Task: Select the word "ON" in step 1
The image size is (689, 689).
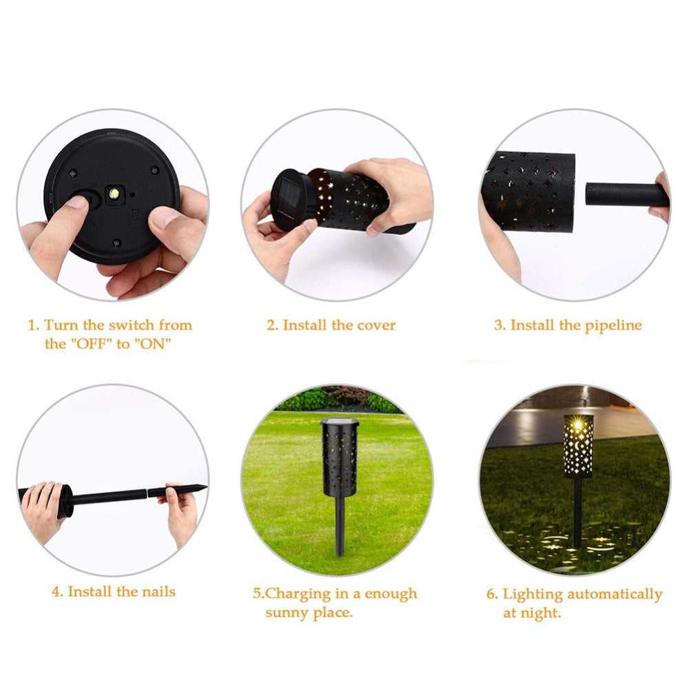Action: pos(152,343)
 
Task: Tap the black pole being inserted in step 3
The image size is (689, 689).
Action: pos(626,194)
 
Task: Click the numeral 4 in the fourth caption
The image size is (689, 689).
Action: pos(56,591)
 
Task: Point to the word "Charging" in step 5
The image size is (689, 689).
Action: pos(297,593)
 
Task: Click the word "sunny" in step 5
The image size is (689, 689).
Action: pos(289,612)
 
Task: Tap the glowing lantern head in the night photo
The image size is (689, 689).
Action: pos(578,446)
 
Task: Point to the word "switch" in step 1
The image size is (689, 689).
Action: pos(133,325)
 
